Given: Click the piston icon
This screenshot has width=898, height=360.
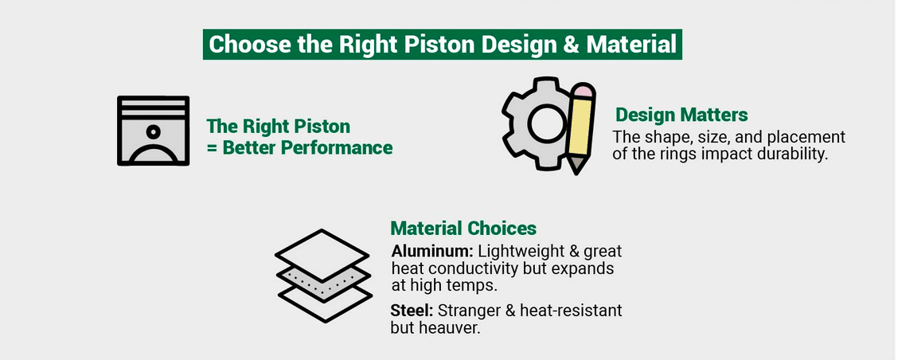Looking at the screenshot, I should coord(153,131).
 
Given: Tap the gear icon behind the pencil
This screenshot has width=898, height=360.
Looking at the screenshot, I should coord(532,123).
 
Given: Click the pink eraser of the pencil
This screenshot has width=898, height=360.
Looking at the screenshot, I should coord(584,91).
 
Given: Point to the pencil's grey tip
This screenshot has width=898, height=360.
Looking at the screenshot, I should coord(576,166).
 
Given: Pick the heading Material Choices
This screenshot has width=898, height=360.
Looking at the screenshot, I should coord(463,229).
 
